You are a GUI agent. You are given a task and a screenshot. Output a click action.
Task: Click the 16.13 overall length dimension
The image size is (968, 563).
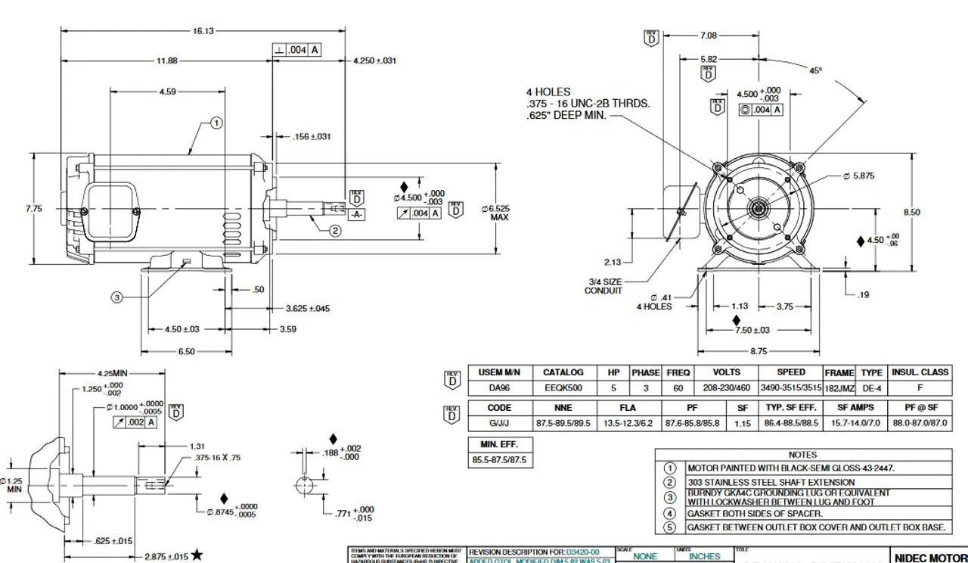coord(203,31)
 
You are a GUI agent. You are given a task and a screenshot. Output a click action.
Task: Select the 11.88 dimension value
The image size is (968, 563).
coord(167,61)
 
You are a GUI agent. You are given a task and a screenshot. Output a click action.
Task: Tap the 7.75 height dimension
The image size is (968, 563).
coord(34,209)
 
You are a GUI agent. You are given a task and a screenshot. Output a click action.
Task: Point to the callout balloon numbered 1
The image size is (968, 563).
coord(216,123)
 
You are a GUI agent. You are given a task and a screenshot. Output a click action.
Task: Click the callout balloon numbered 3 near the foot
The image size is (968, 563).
coord(117,297)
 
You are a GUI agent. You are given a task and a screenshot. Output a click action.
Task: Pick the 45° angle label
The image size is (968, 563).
coord(815,70)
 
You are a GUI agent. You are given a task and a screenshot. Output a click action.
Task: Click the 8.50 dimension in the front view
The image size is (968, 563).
coord(912,213)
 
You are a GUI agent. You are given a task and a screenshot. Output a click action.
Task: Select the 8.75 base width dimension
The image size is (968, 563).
coord(759,351)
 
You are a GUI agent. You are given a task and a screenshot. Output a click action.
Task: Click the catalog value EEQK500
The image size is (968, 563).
coord(563,388)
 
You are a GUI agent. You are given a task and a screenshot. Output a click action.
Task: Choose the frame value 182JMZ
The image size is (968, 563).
coord(839,388)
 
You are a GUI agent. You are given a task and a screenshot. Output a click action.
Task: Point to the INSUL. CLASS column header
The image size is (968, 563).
coord(920,372)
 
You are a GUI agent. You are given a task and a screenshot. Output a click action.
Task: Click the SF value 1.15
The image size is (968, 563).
coord(743,424)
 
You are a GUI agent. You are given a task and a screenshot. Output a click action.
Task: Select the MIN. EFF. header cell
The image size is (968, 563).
coord(499,444)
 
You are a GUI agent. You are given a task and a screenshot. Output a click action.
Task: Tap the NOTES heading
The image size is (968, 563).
coord(802,455)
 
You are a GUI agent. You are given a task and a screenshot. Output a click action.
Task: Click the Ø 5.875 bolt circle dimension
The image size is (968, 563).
coord(858,176)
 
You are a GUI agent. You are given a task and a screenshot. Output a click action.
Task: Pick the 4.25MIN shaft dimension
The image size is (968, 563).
coord(113,373)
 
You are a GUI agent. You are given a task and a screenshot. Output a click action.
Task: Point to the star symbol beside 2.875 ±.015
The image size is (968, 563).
coord(197,555)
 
